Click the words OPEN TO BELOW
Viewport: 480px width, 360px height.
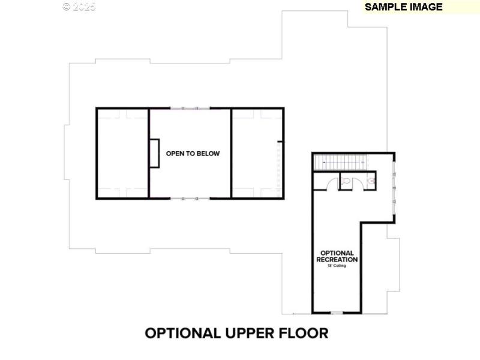[x=193, y=154]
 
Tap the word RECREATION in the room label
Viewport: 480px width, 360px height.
[x=337, y=260]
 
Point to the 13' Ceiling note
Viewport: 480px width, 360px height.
[x=337, y=266]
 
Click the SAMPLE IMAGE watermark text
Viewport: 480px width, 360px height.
[x=403, y=7]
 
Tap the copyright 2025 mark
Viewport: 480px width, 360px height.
[x=79, y=7]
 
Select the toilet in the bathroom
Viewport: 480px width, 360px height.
[x=346, y=178]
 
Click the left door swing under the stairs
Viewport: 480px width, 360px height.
[x=325, y=183]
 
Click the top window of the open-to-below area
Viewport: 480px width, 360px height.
[x=190, y=109]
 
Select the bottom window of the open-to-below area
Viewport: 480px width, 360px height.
[x=190, y=198]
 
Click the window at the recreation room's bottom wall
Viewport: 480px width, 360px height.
[x=337, y=313]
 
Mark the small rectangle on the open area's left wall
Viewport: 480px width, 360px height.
[x=154, y=154]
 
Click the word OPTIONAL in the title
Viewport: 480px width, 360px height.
[x=182, y=333]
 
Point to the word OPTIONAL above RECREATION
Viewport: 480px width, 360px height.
[x=337, y=253]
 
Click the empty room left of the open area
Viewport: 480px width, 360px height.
[x=122, y=154]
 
